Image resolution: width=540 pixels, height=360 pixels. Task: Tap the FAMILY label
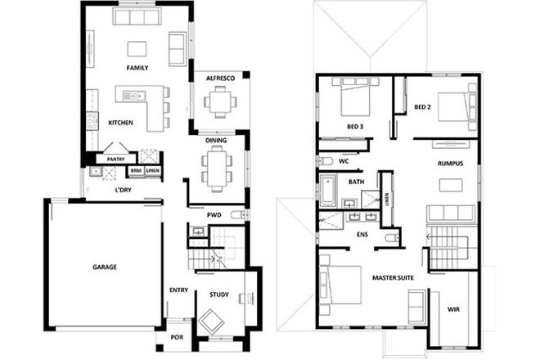point(137,67)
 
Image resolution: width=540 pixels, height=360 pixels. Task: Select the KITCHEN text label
point(122,123)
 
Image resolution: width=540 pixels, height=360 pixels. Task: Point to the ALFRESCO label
point(220,78)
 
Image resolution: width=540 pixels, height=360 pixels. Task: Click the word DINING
point(216,142)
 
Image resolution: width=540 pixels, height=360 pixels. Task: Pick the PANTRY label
point(116,159)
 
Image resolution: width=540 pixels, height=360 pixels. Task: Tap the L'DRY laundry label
point(124,191)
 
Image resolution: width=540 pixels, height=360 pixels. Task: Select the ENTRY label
point(178,290)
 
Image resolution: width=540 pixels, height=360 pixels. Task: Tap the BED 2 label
point(422,107)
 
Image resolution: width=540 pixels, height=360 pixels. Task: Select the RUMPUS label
point(450,164)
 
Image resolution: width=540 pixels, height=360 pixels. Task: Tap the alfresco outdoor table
point(218,102)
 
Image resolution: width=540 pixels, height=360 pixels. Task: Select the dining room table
point(216,169)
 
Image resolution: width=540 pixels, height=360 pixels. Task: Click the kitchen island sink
point(133,96)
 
